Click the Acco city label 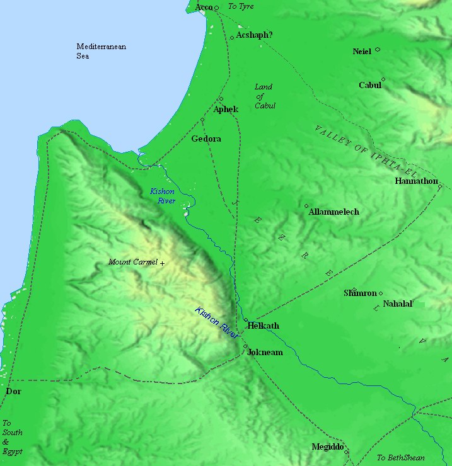click(204, 7)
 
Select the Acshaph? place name click(254, 35)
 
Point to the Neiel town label click(362, 51)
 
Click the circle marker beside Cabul click(383, 79)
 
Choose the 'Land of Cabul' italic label click(264, 96)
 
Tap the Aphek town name click(226, 110)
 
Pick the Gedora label click(206, 139)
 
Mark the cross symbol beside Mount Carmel click(162, 263)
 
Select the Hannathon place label click(416, 181)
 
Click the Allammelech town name click(333, 212)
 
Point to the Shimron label click(360, 293)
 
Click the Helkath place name click(264, 326)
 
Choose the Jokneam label click(265, 353)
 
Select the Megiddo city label click(327, 447)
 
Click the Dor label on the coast click(13, 392)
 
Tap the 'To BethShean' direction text click(400, 458)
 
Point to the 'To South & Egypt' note click(12, 437)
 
